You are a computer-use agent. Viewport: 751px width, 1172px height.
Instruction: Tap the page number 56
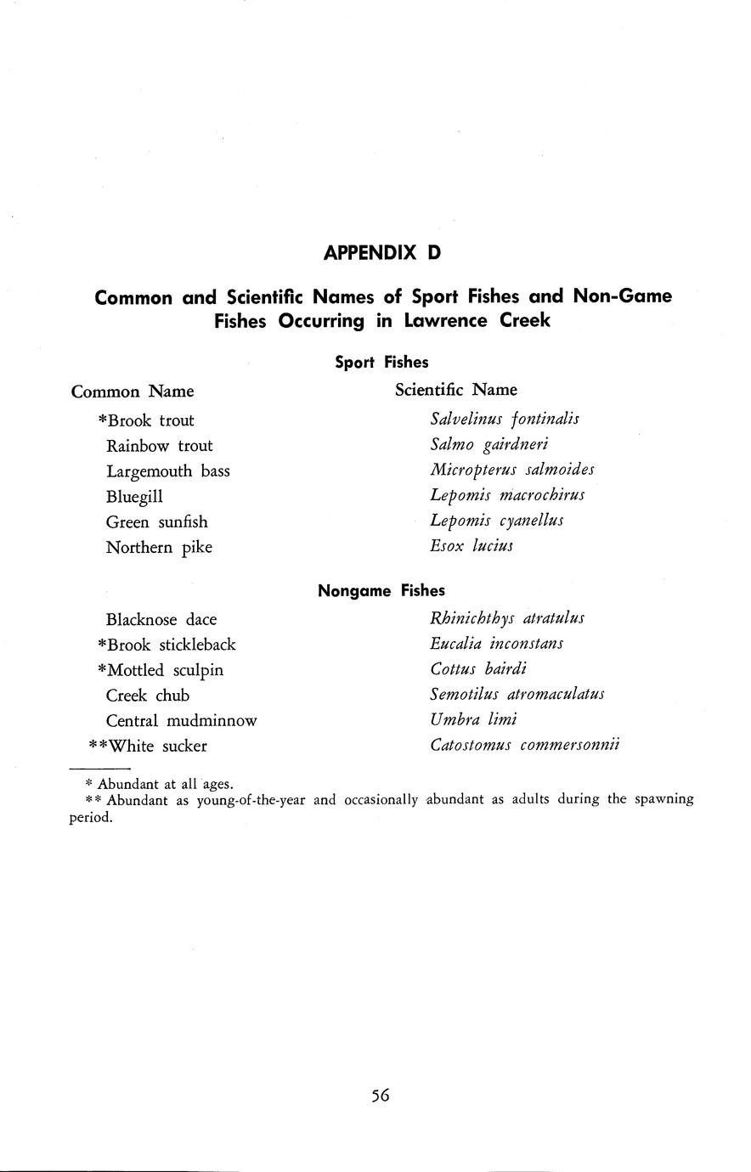[x=380, y=1096]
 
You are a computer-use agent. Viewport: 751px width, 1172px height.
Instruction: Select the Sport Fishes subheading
[x=381, y=363]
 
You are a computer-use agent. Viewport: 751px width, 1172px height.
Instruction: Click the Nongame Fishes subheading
[x=381, y=590]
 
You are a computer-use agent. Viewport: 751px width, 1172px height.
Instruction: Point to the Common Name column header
[x=133, y=392]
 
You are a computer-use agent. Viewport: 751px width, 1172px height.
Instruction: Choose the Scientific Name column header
[x=455, y=390]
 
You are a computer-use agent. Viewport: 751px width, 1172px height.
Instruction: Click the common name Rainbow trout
[x=159, y=446]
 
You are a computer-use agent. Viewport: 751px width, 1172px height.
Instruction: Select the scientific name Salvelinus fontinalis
[x=505, y=419]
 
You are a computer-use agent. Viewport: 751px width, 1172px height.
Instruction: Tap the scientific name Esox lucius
[x=471, y=546]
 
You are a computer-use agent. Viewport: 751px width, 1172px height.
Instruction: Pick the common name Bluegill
[x=134, y=497]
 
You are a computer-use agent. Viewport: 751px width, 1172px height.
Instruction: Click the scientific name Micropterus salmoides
[x=512, y=470]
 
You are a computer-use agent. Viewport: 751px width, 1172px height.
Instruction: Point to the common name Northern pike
[x=159, y=548]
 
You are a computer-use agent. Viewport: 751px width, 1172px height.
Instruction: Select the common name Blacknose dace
[x=161, y=620]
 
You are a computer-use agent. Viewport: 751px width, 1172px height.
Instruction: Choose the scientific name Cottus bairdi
[x=478, y=669]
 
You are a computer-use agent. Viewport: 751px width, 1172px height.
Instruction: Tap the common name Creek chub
[x=148, y=696]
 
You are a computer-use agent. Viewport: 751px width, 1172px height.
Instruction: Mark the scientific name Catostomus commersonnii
[x=525, y=746]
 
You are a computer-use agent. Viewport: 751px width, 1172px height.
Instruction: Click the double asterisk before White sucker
[x=98, y=745]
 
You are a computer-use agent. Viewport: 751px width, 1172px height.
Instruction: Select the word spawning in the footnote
[x=663, y=799]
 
